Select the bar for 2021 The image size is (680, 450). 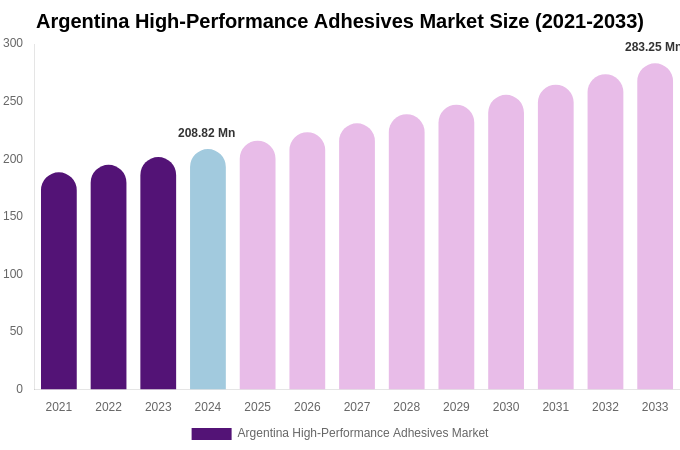click(59, 282)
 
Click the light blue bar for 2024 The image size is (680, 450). click(208, 270)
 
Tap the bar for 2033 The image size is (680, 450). click(655, 227)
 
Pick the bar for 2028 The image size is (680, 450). click(407, 252)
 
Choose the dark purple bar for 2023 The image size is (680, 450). click(158, 274)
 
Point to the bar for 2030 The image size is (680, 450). click(506, 243)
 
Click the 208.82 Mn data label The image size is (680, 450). click(206, 133)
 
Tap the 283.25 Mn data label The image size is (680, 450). click(651, 47)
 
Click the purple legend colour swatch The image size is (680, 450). click(211, 434)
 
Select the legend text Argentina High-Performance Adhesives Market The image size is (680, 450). click(363, 433)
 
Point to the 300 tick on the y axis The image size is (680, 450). click(13, 43)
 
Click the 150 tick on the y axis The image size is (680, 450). click(13, 216)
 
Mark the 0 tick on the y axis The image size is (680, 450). click(19, 389)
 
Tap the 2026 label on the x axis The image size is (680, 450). click(307, 407)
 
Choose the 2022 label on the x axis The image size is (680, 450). click(108, 407)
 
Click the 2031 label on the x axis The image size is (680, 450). click(556, 407)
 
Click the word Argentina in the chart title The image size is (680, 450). click(82, 21)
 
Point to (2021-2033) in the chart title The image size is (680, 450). click(579, 21)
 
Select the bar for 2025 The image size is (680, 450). click(258, 266)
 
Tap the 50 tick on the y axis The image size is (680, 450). click(16, 331)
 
